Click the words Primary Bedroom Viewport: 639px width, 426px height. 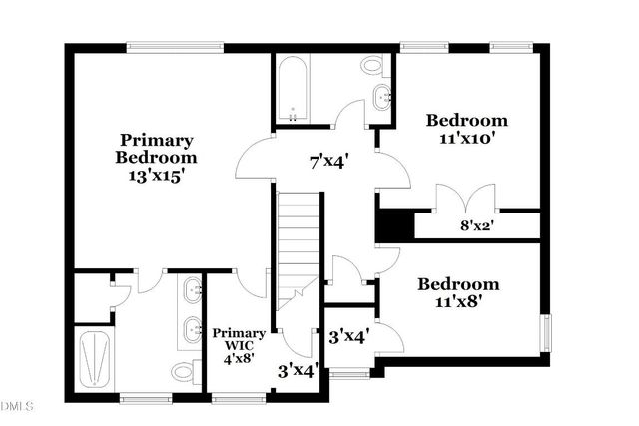click(156, 149)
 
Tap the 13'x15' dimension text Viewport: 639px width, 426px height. click(156, 175)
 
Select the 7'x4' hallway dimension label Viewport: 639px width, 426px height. click(326, 157)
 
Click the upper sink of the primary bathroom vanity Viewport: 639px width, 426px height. click(193, 291)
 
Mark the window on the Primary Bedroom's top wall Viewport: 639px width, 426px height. click(175, 45)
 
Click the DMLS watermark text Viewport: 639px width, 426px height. click(17, 407)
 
